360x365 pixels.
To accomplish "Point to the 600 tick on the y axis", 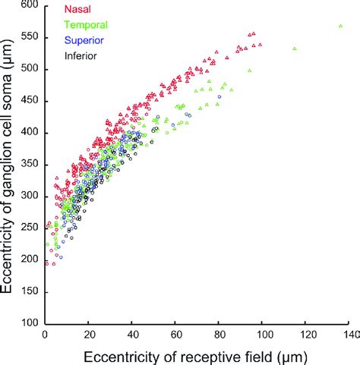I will point(30,5).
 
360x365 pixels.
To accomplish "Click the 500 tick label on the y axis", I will point(30,69).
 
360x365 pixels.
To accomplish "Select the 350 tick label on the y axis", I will point(30,165).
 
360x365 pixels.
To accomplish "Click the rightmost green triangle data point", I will point(340,26).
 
